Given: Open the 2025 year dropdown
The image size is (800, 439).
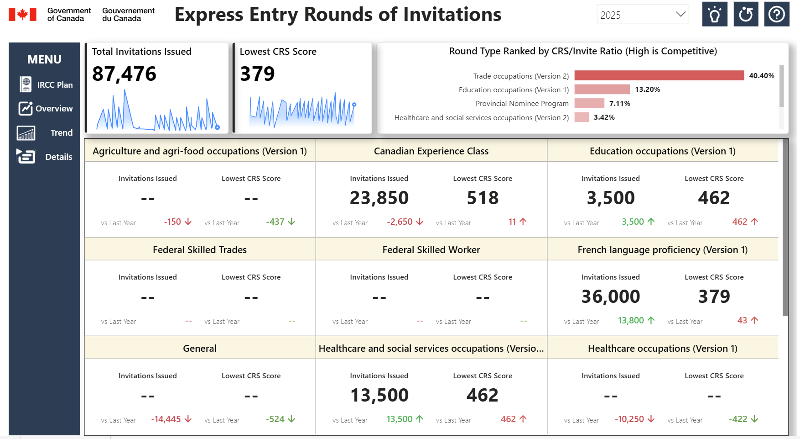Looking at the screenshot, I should coord(642,15).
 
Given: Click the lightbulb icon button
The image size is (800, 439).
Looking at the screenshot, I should coord(714,15).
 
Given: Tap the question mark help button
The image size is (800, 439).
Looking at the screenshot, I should coord(776,15).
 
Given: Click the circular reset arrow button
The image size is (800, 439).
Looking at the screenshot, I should coord(746,15).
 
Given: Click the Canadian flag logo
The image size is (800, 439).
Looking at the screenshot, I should coord(22,14).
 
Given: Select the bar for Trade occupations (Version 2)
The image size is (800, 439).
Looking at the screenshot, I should coord(659,75).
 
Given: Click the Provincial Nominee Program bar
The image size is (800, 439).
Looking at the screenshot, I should coord(589,103).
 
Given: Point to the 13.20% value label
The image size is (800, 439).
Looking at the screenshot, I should coord(647,90).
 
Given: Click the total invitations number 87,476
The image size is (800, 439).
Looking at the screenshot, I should coord(124,74).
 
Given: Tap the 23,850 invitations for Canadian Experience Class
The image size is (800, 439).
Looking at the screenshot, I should coord(379,198).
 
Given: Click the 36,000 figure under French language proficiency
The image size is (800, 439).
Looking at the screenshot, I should coord(610,296).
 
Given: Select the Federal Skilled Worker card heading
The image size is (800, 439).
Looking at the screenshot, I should coord(431,250).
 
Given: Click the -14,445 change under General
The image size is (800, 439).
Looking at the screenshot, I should coord(166,419).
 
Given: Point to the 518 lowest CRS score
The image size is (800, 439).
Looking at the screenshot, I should coord(483,198).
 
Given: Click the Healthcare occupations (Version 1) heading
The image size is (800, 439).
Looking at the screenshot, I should coord(662,349).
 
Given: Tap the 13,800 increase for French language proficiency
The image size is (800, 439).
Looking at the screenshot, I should coord(631,320).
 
